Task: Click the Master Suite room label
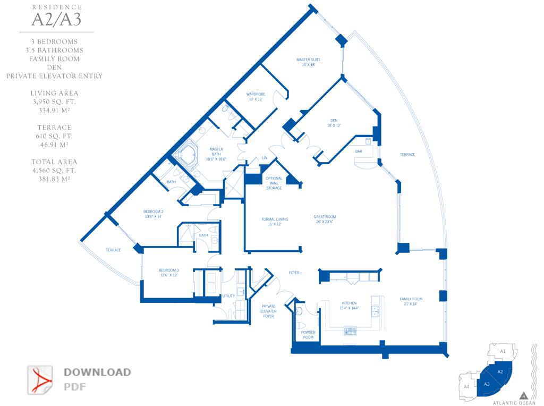[308, 62]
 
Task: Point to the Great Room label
[325, 219]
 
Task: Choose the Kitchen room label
[349, 305]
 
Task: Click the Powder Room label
[308, 335]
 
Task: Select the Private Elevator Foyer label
[268, 311]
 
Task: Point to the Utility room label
[229, 296]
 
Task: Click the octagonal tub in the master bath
[187, 155]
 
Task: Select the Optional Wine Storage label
[274, 183]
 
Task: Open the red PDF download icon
[40, 379]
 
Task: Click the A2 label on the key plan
[500, 371]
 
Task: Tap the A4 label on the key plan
[466, 386]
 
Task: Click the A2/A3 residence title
[57, 20]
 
